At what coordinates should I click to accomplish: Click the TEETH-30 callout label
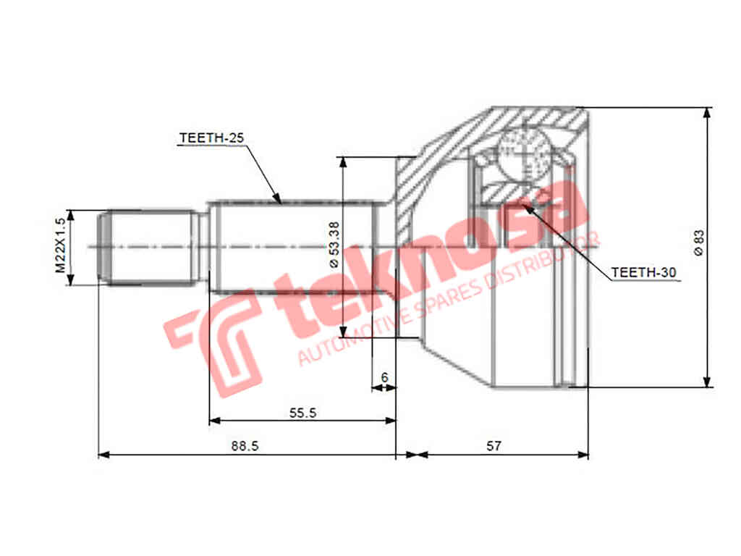click(643, 272)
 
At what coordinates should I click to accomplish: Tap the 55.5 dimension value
click(302, 412)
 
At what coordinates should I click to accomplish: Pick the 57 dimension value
click(494, 446)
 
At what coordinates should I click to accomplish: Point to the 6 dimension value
click(384, 377)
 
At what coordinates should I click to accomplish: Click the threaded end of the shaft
click(148, 247)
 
